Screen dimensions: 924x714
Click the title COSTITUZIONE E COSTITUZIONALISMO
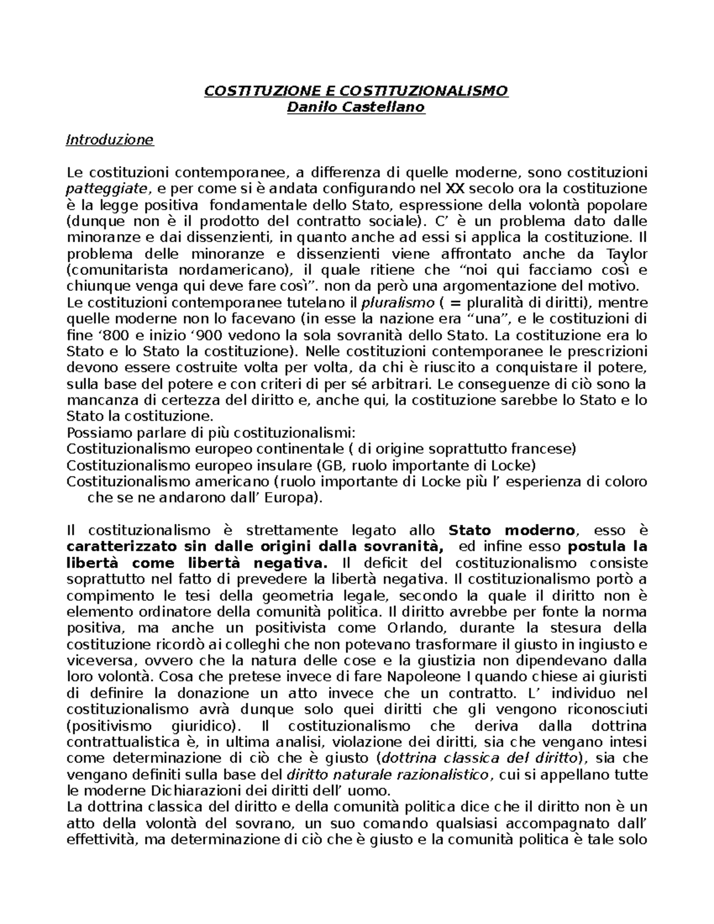click(356, 91)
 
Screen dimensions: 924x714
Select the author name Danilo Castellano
click(356, 108)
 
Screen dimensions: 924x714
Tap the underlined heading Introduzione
click(109, 140)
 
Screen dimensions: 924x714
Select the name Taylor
click(627, 254)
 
